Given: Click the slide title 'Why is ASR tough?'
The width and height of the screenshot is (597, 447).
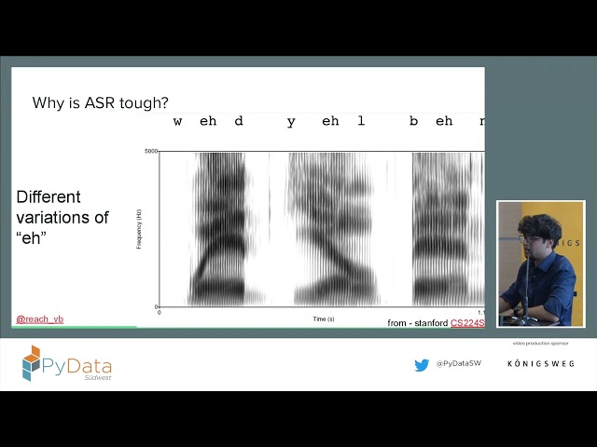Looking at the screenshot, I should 100,103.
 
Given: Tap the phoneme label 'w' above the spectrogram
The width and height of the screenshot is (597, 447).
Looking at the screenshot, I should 177,121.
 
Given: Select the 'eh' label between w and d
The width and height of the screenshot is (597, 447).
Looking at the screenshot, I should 208,121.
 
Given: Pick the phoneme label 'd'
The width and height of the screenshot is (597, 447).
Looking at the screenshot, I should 239,121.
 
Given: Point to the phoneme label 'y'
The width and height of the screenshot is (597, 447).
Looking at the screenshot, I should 291,122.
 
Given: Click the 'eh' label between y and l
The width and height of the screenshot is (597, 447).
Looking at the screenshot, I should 329,121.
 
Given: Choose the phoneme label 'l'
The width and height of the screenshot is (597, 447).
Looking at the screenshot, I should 361,121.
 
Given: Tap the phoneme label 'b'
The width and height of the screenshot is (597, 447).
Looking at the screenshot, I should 413,121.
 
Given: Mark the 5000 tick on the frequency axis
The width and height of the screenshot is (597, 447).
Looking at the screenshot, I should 151,151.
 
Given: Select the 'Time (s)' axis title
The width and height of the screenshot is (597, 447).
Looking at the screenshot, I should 323,318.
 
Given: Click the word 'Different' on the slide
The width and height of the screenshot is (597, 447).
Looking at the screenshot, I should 49,197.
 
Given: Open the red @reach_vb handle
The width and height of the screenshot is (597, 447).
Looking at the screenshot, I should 39,319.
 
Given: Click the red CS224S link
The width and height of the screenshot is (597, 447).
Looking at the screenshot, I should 467,323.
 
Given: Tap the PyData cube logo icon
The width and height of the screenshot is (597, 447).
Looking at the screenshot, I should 32,362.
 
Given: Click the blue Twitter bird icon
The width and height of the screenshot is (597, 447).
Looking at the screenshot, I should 422,365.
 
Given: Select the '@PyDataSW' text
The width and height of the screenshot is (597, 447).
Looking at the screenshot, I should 456,365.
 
